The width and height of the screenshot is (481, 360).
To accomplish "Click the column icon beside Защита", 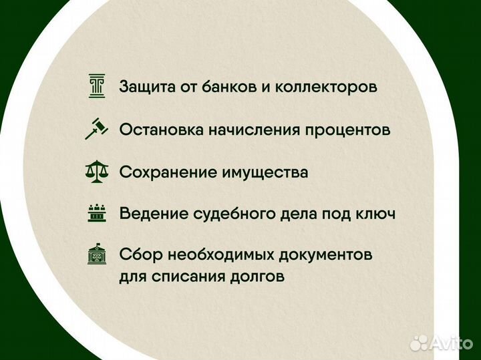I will pyautogui.click(x=97, y=87).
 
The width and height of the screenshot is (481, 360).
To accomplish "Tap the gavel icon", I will pyautogui.click(x=97, y=129).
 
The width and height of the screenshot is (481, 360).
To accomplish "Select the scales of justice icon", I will pyautogui.click(x=97, y=172).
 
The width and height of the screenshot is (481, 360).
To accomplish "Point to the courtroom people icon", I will pyautogui.click(x=97, y=214).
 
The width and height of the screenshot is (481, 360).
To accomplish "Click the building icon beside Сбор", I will pyautogui.click(x=97, y=255).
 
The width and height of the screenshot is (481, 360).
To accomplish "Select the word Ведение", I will pyautogui.click(x=148, y=214).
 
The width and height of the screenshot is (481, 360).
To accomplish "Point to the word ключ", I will pyautogui.click(x=375, y=214).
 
